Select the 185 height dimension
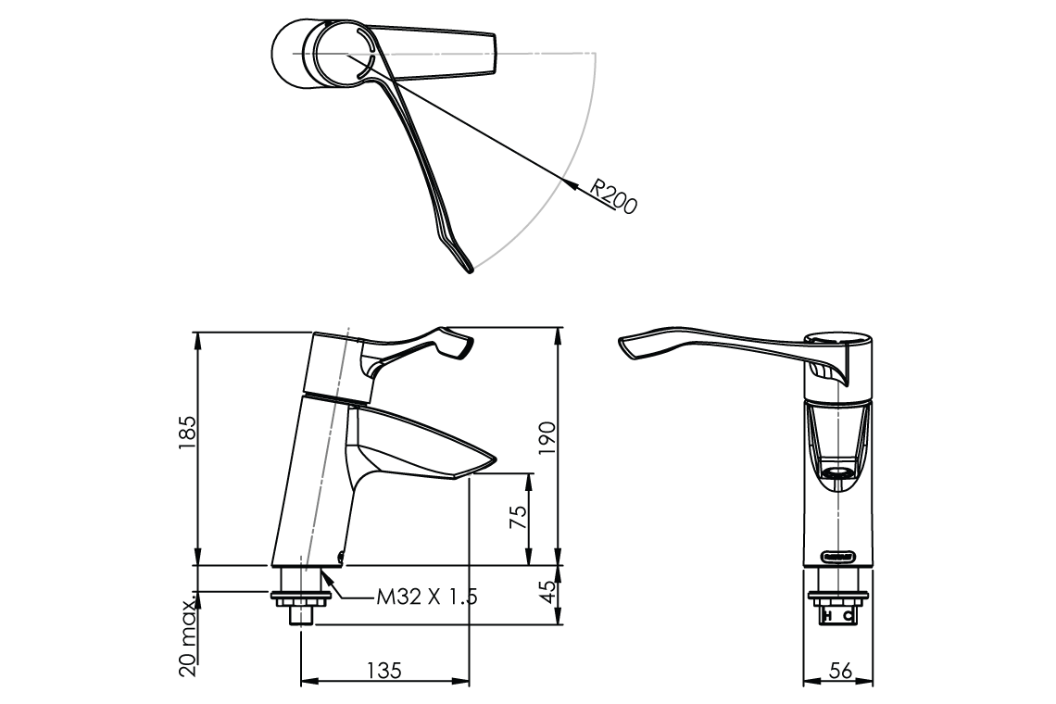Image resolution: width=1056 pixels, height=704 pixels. (187, 433)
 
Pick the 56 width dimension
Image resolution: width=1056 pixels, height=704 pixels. (840, 672)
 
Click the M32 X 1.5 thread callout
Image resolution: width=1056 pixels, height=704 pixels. (426, 597)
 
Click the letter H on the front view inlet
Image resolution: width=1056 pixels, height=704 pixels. (830, 615)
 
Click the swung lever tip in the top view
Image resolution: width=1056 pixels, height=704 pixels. (469, 268)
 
